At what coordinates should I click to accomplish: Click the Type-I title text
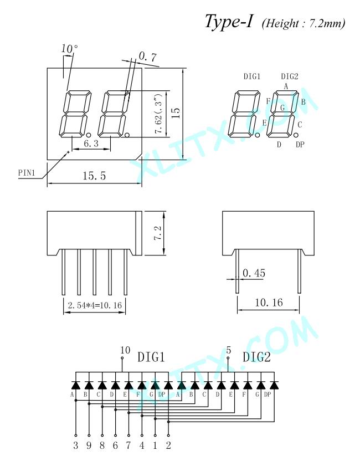[x=229, y=22]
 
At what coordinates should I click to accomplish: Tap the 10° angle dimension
[x=70, y=48]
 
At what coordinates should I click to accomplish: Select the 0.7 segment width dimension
[x=148, y=57]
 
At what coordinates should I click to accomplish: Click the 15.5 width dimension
[x=94, y=176]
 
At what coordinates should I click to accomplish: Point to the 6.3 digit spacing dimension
[x=91, y=144]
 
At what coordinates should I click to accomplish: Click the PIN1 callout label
[x=27, y=173]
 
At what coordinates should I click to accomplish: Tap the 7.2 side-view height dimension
[x=158, y=233]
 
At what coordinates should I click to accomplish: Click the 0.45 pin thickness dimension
[x=254, y=273]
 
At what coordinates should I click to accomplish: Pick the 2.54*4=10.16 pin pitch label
[x=95, y=305]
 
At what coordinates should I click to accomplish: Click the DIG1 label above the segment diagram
[x=251, y=76]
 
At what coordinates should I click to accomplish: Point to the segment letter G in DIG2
[x=282, y=107]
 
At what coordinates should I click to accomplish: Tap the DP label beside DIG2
[x=300, y=145]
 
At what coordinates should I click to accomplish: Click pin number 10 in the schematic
[x=125, y=350]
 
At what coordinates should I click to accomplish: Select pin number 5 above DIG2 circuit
[x=229, y=350]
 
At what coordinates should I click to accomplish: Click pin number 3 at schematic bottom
[x=76, y=445]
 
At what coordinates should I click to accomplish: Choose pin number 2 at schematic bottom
[x=168, y=445]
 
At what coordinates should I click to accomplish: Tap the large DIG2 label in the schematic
[x=256, y=357]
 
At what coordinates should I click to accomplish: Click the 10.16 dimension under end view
[x=269, y=303]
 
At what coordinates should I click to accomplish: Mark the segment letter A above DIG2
[x=286, y=86]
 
